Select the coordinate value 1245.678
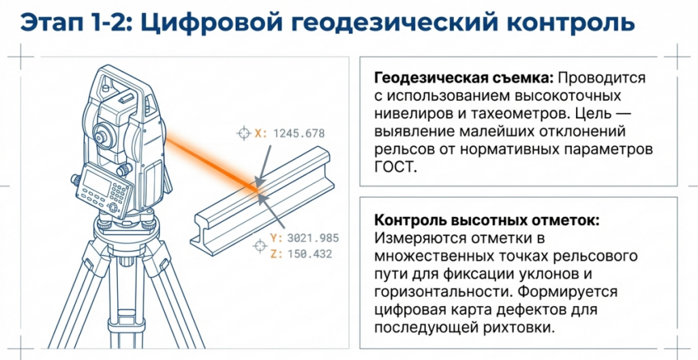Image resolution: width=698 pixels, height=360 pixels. point(299,133)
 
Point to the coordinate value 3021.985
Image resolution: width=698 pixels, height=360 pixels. point(313,238)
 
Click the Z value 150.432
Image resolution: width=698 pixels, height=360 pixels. point(310,254)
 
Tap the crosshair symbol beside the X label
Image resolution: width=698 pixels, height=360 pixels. point(243,133)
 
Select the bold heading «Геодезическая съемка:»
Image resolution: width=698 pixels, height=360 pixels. point(464,78)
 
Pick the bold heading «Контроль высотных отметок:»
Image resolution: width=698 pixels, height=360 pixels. point(487,220)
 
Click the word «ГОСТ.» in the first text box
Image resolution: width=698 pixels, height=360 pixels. point(396,168)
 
